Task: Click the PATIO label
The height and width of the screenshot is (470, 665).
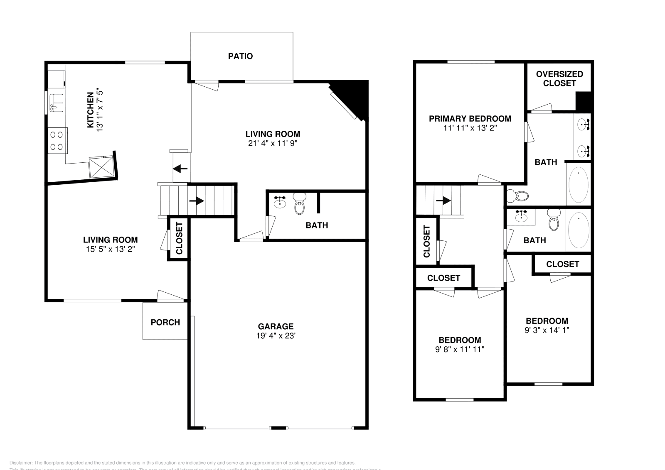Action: point(240,56)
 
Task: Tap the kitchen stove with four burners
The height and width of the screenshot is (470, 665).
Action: point(57,141)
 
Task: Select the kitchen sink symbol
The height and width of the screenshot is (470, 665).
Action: point(56,103)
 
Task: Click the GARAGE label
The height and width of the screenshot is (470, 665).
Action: point(276,326)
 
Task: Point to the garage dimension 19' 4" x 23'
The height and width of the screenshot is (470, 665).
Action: point(276,336)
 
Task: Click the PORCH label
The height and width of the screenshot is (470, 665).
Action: point(165,322)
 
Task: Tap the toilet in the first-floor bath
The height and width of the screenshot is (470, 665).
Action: point(299,203)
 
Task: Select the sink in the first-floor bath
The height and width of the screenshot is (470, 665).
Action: point(280,202)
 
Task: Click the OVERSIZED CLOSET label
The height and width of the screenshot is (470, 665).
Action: point(559,78)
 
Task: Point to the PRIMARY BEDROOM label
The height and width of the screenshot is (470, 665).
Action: point(470,118)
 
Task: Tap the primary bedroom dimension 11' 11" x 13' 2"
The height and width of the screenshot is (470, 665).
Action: point(470,128)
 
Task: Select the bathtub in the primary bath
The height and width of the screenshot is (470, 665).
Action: point(578,184)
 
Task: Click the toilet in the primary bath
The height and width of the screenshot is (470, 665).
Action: point(517,195)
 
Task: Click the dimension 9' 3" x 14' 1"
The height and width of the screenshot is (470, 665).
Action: point(547,330)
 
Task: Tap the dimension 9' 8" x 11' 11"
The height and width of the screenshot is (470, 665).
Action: point(460,350)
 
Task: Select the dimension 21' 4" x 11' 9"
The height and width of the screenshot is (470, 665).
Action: point(272,144)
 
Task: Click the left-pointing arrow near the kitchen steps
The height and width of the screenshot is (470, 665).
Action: point(180,169)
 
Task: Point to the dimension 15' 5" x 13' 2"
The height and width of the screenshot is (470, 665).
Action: point(110,249)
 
